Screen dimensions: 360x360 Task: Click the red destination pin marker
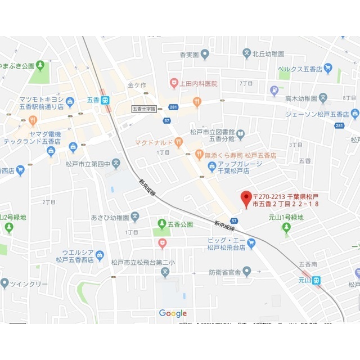246,197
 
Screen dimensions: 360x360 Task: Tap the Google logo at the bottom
173,313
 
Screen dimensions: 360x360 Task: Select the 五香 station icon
106,100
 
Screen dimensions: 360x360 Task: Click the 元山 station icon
317,279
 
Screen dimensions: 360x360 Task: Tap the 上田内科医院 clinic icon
174,83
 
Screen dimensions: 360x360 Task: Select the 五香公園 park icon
162,224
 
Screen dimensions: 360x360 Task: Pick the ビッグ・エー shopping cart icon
251,243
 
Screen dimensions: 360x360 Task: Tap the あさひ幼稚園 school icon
135,217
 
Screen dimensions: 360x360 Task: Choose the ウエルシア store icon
100,256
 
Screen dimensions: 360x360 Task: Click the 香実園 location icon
205,55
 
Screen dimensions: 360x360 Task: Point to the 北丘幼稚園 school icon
246,54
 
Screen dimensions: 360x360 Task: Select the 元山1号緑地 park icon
287,227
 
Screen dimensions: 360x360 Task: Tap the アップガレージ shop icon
211,166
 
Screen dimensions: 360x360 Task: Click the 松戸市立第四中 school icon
116,164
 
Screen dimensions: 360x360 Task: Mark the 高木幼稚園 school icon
323,98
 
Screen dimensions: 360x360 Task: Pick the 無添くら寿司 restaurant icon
199,155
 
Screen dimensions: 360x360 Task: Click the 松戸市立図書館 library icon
240,134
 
